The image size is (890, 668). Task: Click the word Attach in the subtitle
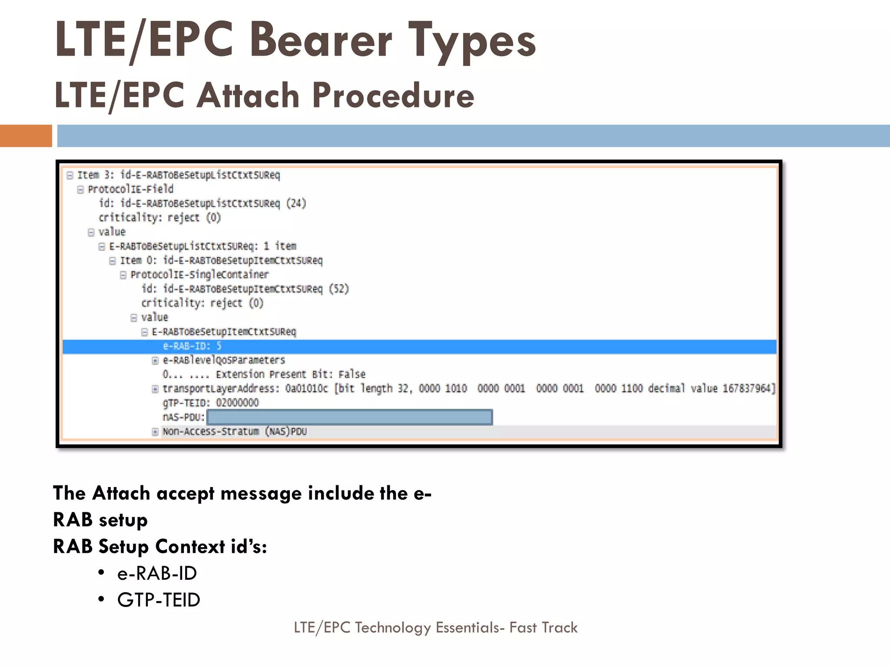tap(248, 95)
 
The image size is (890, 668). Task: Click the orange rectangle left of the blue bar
tap(26, 136)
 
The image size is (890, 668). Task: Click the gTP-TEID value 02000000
tap(237, 403)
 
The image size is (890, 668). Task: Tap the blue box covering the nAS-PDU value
tap(349, 417)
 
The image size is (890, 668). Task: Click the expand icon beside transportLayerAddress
tap(155, 389)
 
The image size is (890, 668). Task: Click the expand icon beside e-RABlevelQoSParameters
tap(155, 361)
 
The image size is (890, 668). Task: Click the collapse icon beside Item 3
tap(70, 175)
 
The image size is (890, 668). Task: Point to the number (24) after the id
tap(296, 204)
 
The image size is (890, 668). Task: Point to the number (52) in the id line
tap(339, 289)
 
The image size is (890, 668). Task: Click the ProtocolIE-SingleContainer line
tap(199, 275)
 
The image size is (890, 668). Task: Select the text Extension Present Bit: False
tap(290, 374)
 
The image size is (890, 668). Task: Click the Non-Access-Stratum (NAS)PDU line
tap(235, 431)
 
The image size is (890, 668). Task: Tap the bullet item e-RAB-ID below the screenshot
tap(157, 573)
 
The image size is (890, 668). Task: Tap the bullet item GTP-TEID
tap(159, 600)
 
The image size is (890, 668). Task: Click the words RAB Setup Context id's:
tap(160, 546)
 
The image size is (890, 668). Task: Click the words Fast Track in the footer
tap(543, 628)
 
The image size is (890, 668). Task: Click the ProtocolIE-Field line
tap(130, 189)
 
